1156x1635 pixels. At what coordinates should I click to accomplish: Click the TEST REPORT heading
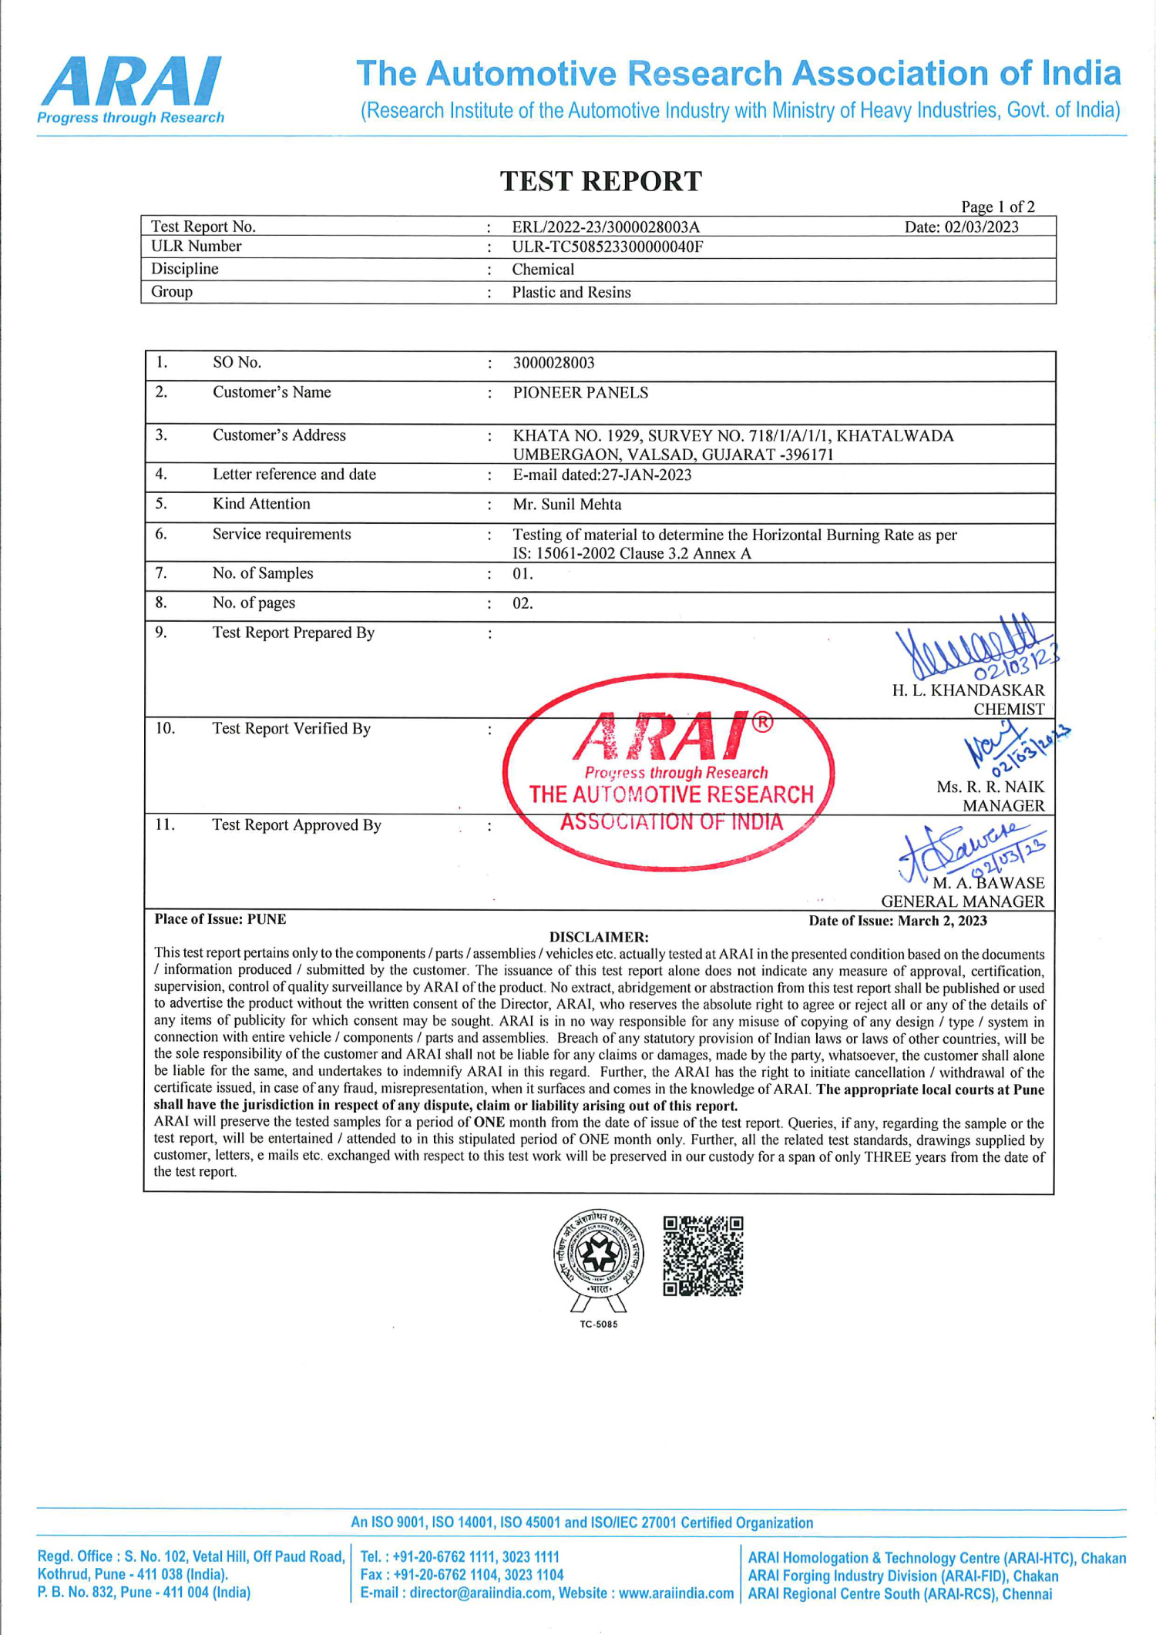[601, 182]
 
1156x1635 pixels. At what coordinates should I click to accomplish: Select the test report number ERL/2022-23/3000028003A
[606, 227]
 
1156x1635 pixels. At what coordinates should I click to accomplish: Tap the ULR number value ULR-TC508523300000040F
[607, 247]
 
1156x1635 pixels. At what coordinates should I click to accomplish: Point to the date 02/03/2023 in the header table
[962, 227]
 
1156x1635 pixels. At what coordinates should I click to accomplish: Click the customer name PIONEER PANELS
[580, 393]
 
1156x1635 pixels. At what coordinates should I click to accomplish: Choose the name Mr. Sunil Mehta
[567, 505]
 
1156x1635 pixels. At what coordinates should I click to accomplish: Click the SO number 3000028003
[553, 363]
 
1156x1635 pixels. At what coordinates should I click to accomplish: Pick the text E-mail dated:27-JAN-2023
[602, 475]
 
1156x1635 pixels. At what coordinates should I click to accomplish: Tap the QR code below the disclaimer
[703, 1256]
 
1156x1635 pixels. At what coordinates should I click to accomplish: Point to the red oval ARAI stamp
[669, 773]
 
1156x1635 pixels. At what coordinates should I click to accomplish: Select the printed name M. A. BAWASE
[989, 883]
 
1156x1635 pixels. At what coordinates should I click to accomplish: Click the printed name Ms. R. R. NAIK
[990, 787]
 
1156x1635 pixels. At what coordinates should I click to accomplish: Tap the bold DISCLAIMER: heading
[599, 937]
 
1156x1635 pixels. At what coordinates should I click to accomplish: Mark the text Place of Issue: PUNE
[220, 919]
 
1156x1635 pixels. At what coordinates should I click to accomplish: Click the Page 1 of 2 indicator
[997, 206]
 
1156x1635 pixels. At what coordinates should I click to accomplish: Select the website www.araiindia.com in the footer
[676, 1593]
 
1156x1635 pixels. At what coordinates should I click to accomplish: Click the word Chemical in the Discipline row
[543, 270]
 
